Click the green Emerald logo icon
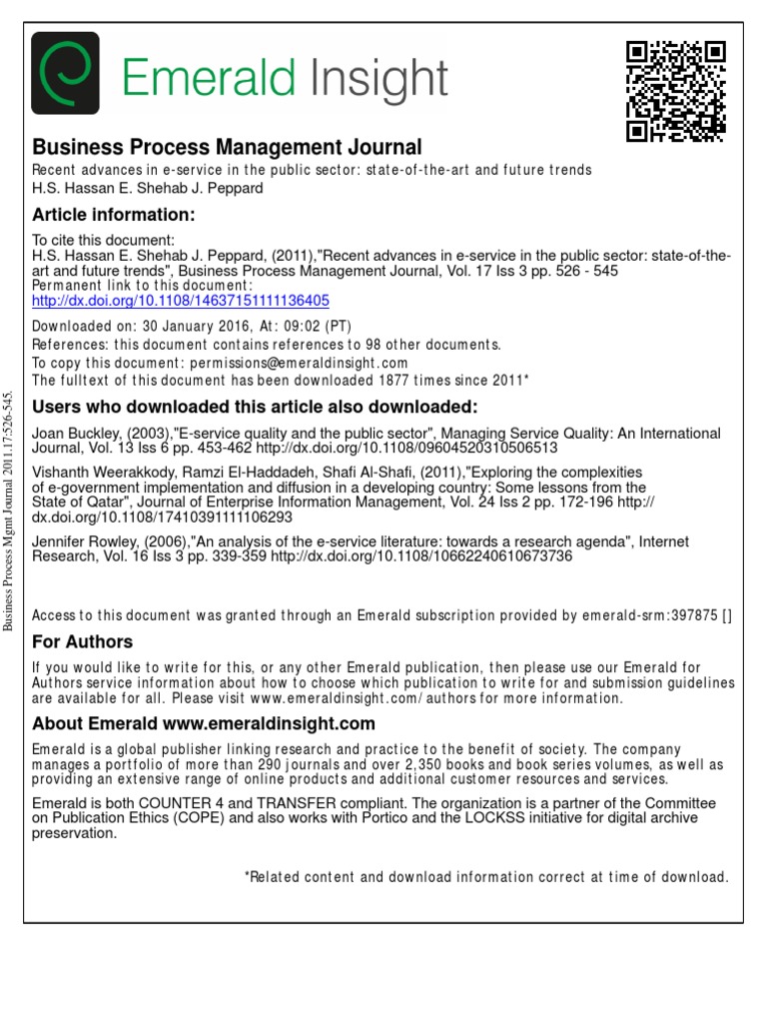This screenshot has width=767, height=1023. click(66, 74)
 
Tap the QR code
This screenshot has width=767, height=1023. click(675, 91)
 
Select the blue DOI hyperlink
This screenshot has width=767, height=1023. click(181, 300)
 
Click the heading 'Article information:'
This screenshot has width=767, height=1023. click(112, 216)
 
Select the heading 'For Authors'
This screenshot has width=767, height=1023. click(83, 641)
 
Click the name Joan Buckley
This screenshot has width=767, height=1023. click(72, 434)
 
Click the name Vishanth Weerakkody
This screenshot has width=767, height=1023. click(100, 470)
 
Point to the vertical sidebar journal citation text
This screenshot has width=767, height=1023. click(9, 510)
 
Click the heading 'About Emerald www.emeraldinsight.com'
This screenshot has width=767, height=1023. click(204, 723)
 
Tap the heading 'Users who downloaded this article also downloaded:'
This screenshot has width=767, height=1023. click(255, 407)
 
